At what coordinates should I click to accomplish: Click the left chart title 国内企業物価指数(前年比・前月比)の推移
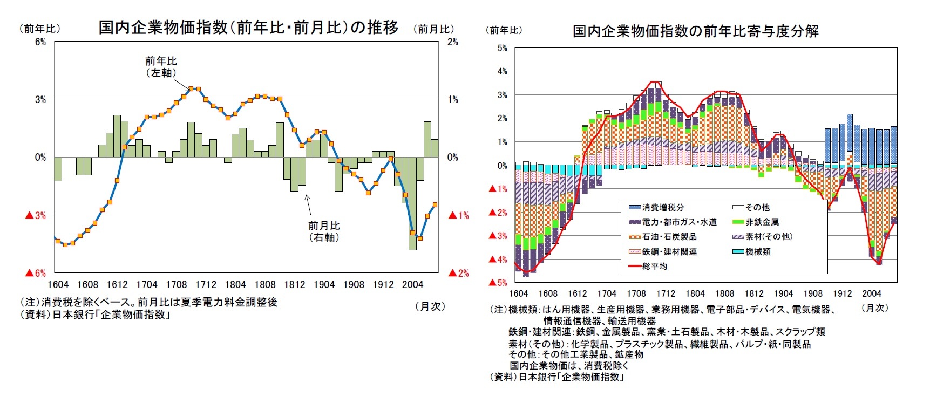248,28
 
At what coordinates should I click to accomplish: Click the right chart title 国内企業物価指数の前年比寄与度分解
695,31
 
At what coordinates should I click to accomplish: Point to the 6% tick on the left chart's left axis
40,42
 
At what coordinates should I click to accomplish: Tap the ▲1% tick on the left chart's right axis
459,215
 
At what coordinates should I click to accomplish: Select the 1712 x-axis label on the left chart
206,285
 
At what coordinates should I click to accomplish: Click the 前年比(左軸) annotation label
161,67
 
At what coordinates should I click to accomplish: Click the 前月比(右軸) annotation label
324,231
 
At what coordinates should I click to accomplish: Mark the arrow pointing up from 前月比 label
308,205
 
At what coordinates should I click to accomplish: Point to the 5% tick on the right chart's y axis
502,48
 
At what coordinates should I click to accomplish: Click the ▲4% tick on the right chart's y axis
498,260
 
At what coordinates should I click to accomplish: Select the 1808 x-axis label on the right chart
724,293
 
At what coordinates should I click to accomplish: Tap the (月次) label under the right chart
874,308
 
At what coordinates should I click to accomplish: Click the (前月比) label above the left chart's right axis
433,29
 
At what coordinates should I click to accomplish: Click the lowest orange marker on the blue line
66,244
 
